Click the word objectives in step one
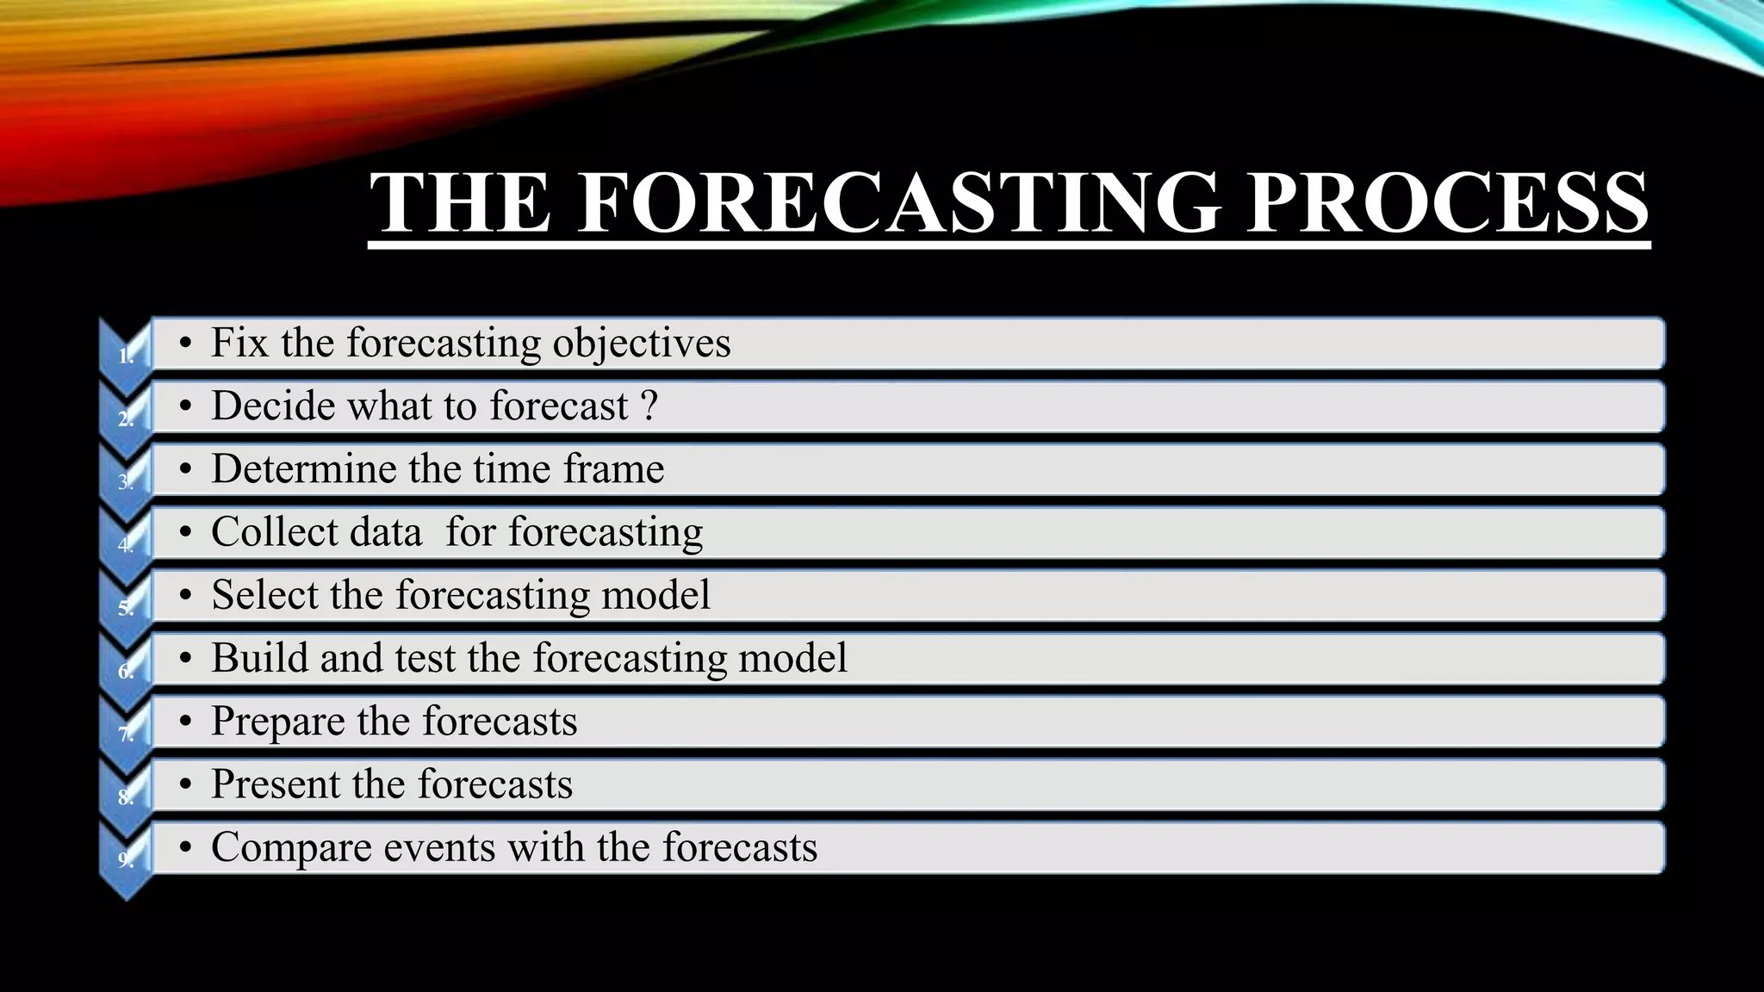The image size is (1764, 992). [x=641, y=344]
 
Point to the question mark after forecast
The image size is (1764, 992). [x=649, y=406]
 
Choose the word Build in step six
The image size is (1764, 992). [x=259, y=658]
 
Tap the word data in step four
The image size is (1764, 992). [x=388, y=532]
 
